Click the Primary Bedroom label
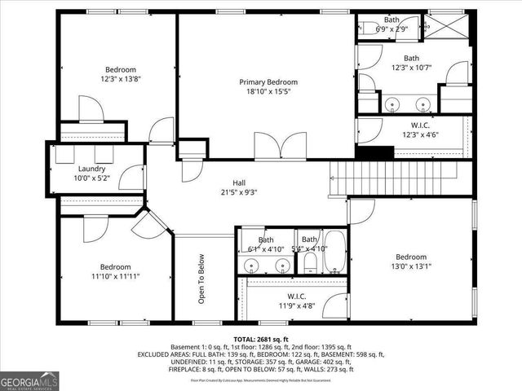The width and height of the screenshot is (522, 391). click(x=268, y=82)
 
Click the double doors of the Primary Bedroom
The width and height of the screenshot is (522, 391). click(x=268, y=147)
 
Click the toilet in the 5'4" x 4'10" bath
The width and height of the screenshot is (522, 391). click(x=310, y=261)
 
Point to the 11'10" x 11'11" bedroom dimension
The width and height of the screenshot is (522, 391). click(x=115, y=276)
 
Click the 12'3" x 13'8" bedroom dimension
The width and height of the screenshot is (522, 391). click(x=120, y=80)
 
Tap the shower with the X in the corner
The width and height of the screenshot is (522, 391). click(x=447, y=25)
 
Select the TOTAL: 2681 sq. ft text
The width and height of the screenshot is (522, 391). click(x=261, y=338)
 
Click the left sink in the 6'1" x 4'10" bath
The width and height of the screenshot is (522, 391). click(x=252, y=265)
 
